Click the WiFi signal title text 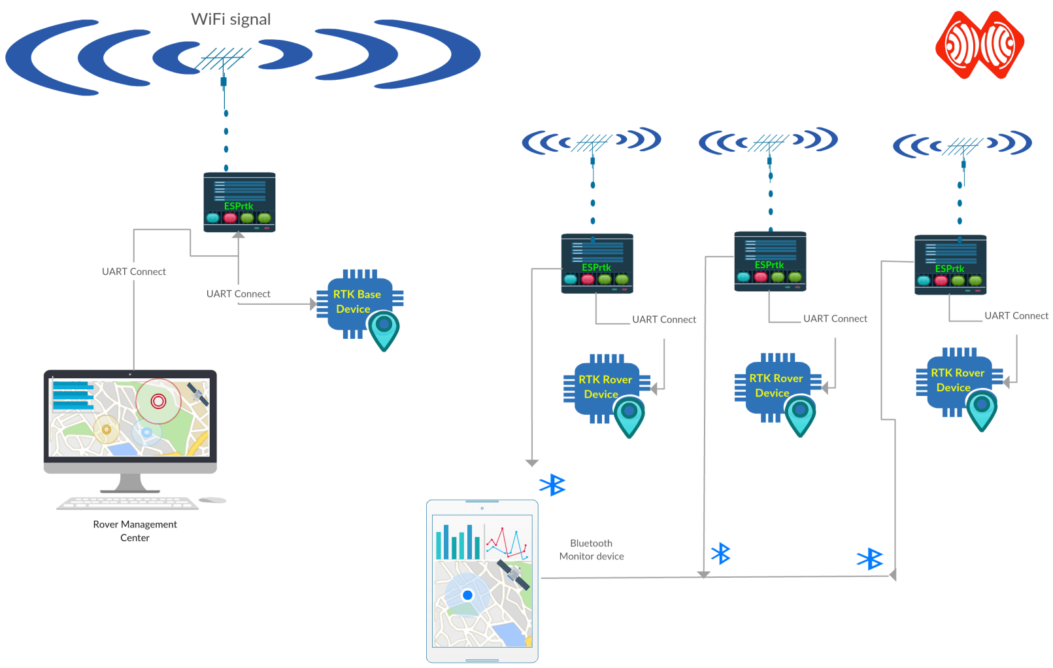click(231, 20)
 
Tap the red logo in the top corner click(979, 44)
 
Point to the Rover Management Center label click(135, 531)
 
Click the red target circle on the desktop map click(158, 401)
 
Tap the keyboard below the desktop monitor click(127, 502)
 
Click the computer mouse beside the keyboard click(212, 500)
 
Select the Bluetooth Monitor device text click(592, 550)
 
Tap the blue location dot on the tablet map click(467, 595)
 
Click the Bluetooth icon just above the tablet click(552, 485)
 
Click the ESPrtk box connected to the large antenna click(239, 202)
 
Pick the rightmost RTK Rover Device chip click(956, 380)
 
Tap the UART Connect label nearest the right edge click(1016, 316)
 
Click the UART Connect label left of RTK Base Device click(238, 294)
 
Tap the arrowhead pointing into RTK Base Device click(313, 304)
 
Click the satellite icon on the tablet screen click(513, 574)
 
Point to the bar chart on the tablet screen click(458, 541)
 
